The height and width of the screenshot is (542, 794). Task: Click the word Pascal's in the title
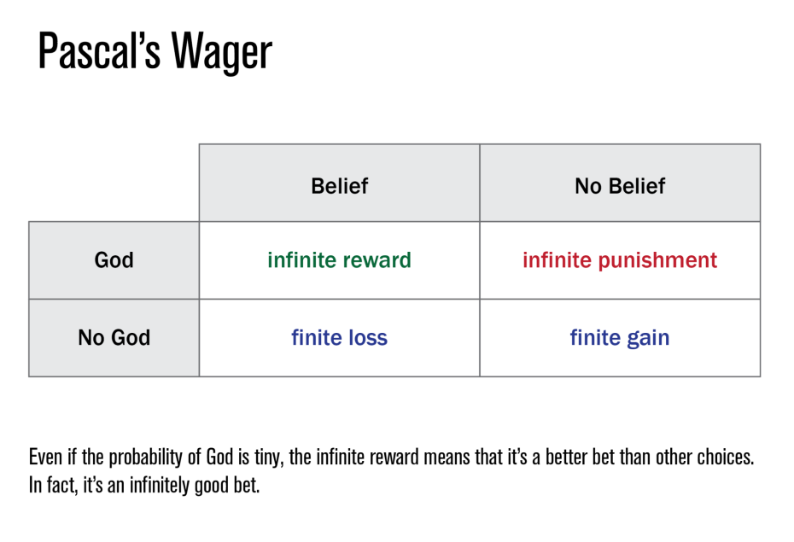tap(99, 51)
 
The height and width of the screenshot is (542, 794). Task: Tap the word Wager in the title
tap(222, 53)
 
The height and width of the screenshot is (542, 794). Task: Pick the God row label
tap(114, 260)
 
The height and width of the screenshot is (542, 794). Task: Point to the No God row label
tap(114, 337)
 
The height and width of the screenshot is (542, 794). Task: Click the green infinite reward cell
tap(339, 260)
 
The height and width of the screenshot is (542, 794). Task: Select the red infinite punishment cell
tap(620, 260)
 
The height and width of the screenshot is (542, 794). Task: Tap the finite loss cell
tap(339, 337)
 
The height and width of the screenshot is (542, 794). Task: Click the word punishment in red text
tap(657, 261)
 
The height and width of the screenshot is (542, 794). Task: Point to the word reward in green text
tap(377, 260)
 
